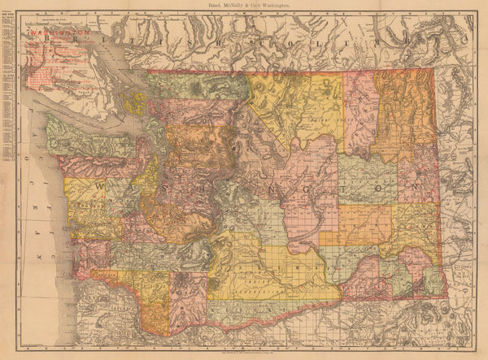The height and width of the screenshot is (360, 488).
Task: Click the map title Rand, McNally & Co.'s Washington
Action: [x=243, y=6]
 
